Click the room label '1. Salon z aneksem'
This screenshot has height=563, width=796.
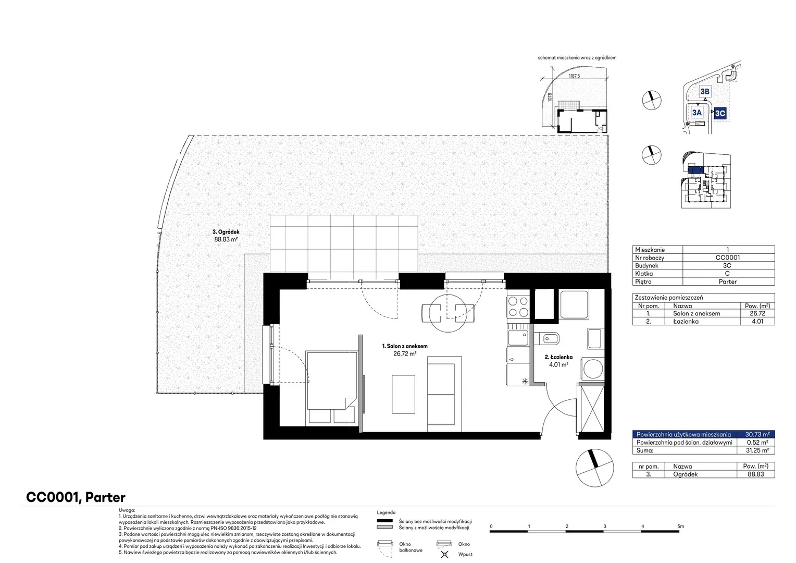coord(405,346)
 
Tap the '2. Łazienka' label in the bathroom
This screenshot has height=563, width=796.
coord(558,357)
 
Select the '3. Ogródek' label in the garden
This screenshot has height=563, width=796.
coord(226,232)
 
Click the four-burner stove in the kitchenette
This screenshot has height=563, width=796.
coord(518,307)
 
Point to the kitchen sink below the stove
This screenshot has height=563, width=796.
coord(518,337)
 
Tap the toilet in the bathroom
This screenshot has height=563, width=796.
coord(546,338)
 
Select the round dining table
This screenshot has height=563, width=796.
coord(448,313)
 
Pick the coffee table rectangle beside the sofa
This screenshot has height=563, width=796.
coord(403,394)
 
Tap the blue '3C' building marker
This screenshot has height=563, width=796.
coord(720,114)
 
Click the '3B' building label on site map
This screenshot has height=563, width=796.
coord(705,91)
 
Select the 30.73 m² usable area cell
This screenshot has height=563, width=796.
coord(757,434)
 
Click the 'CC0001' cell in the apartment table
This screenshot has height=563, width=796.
coord(727,258)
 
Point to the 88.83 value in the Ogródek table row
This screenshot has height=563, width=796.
coord(755,474)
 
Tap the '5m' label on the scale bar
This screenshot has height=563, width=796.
coord(680,527)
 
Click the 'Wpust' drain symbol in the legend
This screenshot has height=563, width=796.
coord(444,554)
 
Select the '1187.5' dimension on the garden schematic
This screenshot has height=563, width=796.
coord(574,76)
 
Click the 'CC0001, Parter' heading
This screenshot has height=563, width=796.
coord(76,497)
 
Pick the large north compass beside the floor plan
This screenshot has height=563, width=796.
coord(594,468)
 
